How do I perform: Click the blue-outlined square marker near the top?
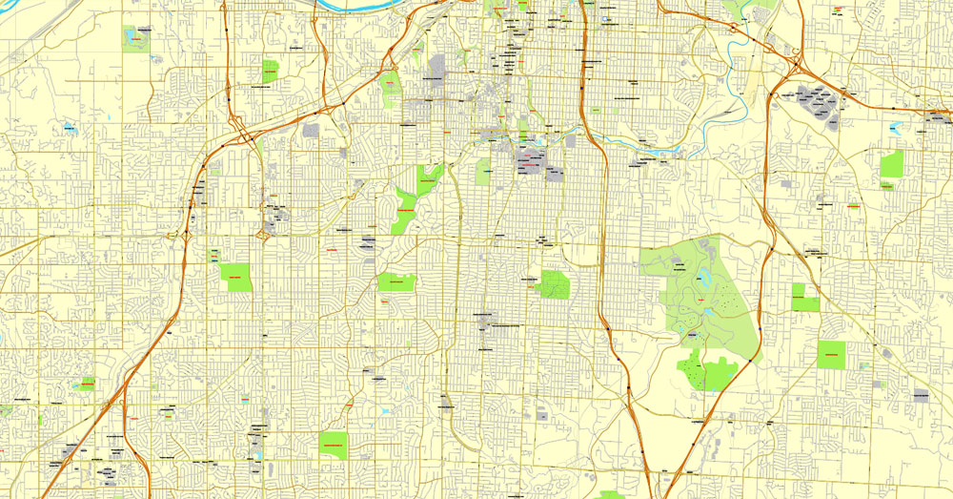605,17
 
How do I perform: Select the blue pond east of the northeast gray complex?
894,127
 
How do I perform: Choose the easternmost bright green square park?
891,163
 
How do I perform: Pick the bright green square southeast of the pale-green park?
831,354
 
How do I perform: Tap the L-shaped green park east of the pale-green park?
804,297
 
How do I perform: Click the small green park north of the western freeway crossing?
271,71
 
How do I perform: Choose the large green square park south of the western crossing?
234,276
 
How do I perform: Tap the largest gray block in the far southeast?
921,394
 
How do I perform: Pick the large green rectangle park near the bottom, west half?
333,445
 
